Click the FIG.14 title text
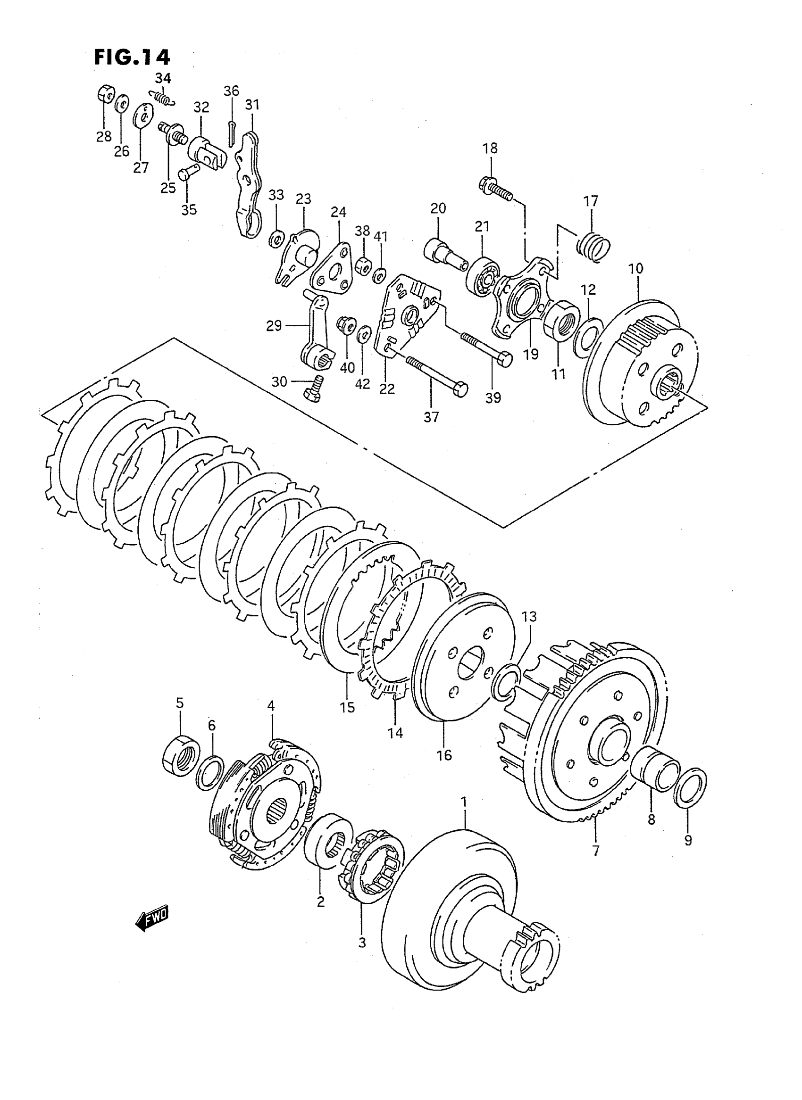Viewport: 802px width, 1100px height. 132,57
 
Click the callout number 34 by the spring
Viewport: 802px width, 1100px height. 163,78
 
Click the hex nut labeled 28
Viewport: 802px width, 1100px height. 105,93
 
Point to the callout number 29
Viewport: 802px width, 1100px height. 274,326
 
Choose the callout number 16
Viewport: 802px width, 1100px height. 444,755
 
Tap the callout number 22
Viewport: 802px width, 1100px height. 387,389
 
